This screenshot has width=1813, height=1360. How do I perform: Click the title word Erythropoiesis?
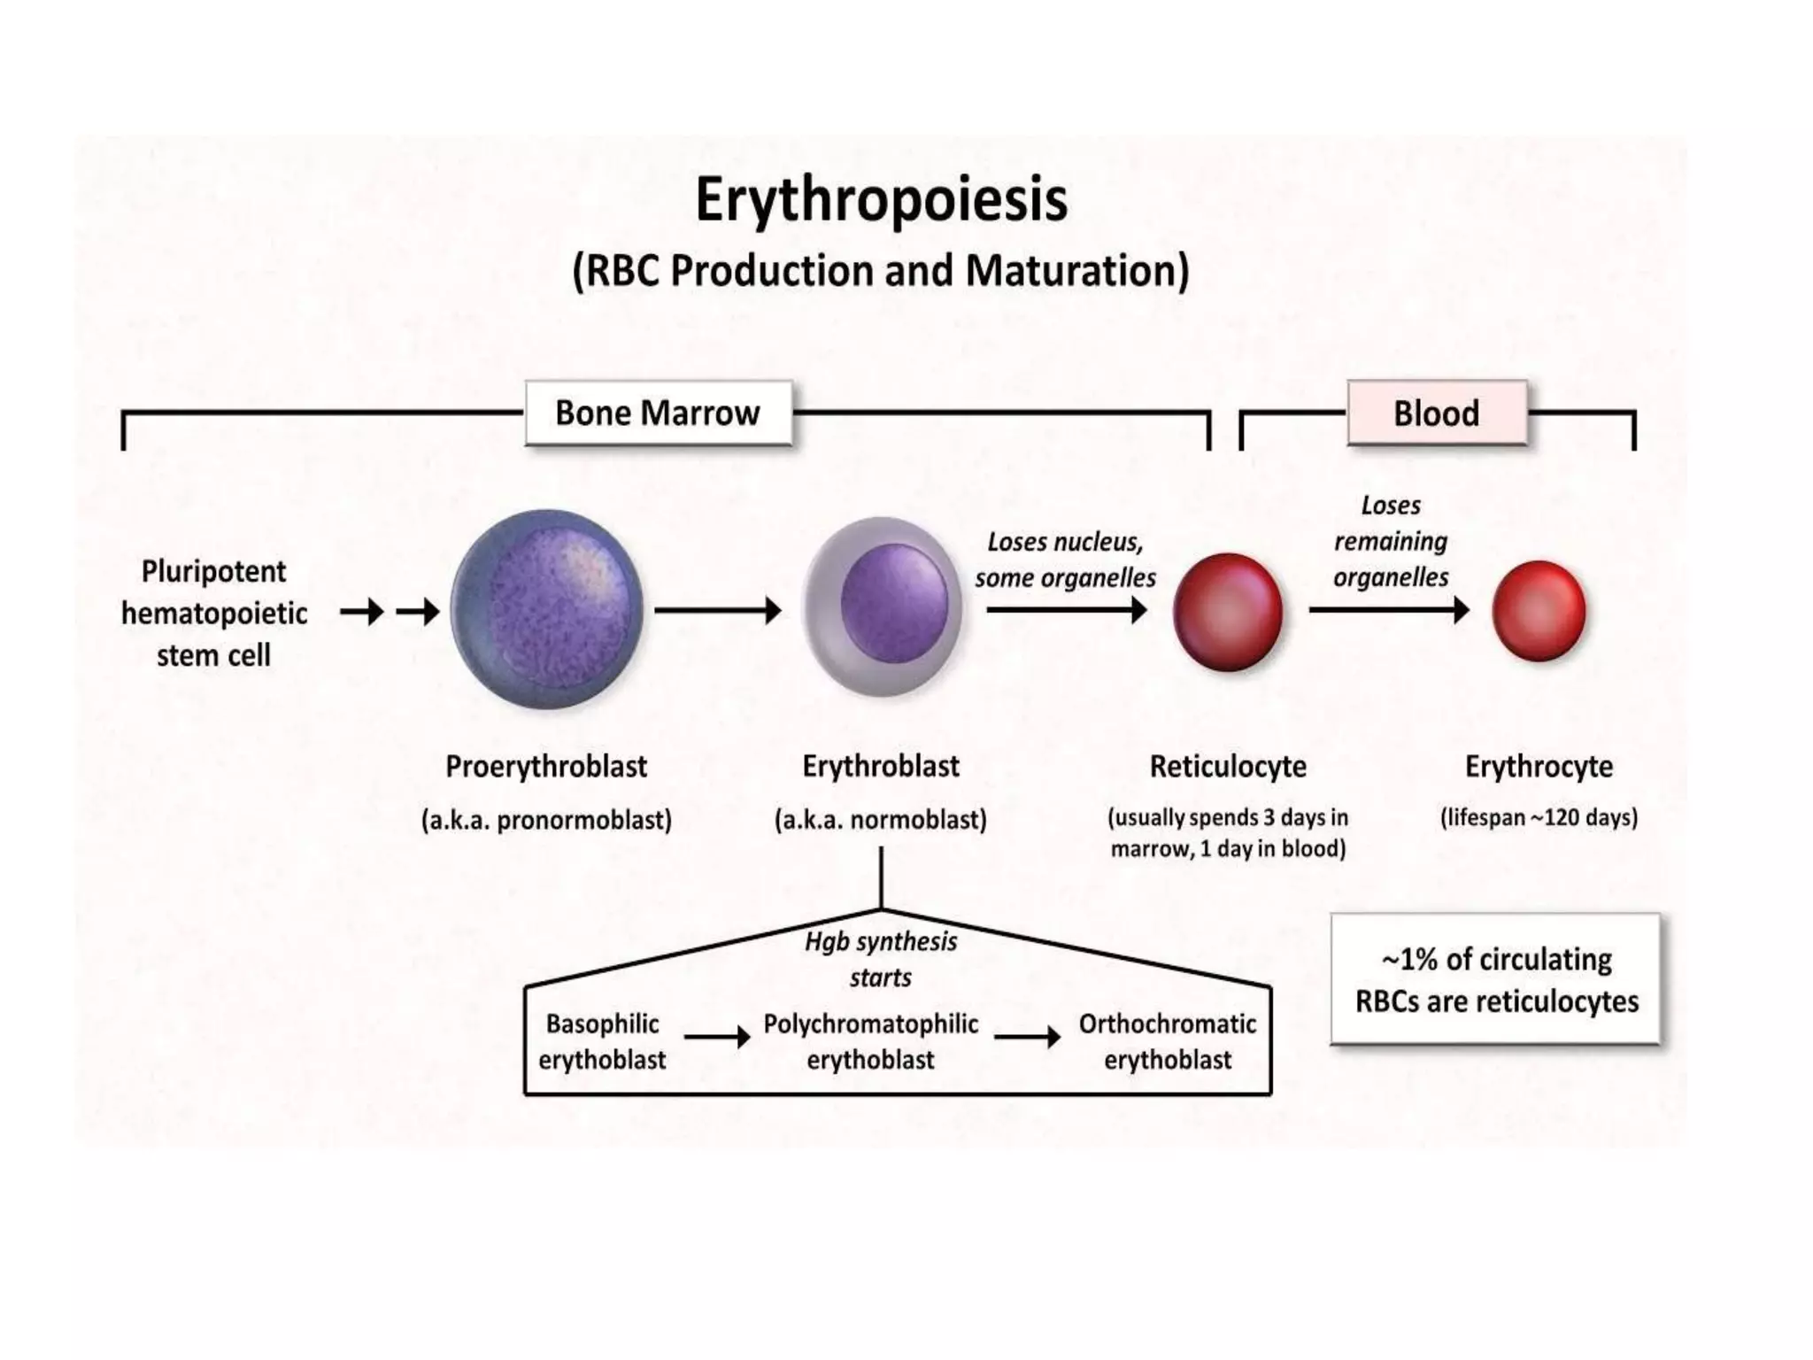[x=881, y=200]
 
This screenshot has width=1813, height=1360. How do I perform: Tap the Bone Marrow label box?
[x=658, y=413]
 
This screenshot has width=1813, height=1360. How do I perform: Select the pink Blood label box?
[x=1436, y=413]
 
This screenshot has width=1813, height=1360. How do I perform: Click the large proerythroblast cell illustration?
[x=546, y=609]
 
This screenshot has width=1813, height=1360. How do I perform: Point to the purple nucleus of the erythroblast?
[x=894, y=602]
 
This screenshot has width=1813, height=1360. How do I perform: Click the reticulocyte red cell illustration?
[x=1228, y=611]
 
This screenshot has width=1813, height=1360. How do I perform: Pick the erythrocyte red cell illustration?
[x=1539, y=611]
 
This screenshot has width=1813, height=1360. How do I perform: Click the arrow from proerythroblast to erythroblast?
[x=717, y=610]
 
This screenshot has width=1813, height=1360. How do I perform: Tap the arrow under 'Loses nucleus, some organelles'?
[x=1066, y=610]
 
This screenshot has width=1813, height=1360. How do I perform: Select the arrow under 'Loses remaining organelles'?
[x=1388, y=610]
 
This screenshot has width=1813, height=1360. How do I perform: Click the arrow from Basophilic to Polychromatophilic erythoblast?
[x=716, y=1037]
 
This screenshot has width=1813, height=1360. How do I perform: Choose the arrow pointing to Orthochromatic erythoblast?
[x=1027, y=1037]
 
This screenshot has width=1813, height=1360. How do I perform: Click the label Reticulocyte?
[x=1228, y=767]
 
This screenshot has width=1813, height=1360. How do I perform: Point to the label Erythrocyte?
[x=1539, y=767]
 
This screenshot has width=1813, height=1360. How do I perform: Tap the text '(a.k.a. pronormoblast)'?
[x=546, y=821]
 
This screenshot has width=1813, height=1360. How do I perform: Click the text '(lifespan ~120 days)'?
[x=1539, y=817]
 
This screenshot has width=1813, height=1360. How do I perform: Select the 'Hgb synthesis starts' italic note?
[x=881, y=959]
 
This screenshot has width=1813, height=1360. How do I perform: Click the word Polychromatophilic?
[x=870, y=1024]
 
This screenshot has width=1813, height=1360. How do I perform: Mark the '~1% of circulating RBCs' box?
[x=1495, y=980]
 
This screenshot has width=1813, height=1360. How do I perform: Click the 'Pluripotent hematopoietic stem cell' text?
[x=214, y=613]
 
